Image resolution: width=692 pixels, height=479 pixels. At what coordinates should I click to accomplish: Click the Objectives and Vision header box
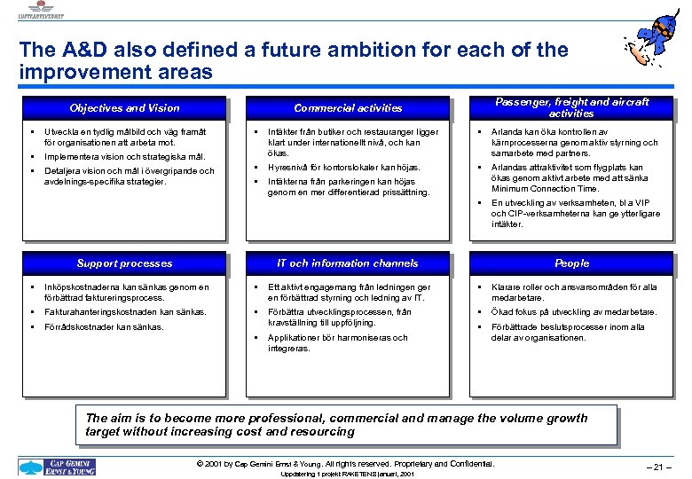click(x=124, y=108)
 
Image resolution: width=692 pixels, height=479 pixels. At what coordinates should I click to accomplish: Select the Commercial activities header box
click(x=348, y=108)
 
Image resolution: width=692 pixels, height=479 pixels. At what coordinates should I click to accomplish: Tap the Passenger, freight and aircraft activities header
click(x=571, y=107)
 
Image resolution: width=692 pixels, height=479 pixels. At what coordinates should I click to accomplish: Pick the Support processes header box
click(x=124, y=263)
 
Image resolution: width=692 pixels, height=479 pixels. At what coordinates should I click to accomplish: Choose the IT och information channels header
click(x=348, y=263)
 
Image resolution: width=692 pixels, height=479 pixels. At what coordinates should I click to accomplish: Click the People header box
click(x=571, y=263)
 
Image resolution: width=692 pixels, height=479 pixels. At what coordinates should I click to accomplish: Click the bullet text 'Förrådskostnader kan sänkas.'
click(x=104, y=327)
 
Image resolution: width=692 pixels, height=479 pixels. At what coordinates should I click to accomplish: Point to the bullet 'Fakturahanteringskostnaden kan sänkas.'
click(x=125, y=312)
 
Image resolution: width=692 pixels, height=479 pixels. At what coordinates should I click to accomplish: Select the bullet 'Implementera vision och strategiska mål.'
click(x=125, y=156)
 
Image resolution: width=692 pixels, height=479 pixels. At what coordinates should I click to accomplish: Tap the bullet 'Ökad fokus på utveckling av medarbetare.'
click(x=574, y=312)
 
